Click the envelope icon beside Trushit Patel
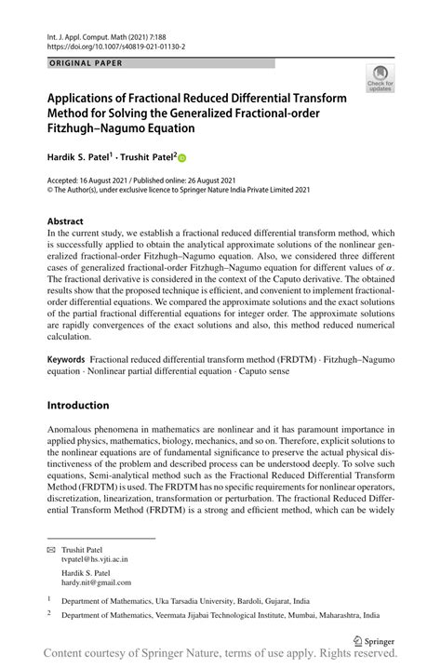tap(52, 549)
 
